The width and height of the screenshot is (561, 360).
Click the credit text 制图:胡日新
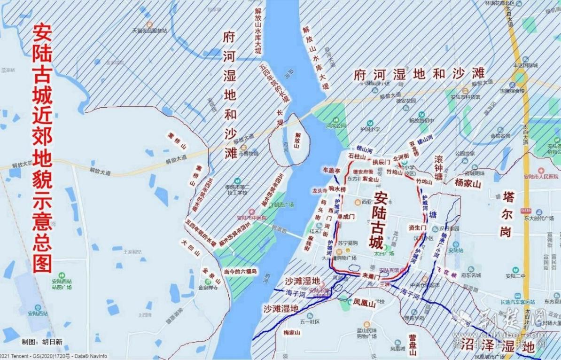42,342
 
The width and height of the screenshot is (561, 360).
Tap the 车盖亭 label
331,170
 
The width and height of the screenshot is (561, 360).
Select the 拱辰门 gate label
381,162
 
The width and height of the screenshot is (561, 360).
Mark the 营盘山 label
412,345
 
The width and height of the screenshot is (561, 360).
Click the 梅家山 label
291,333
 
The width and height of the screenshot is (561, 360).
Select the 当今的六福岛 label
241,272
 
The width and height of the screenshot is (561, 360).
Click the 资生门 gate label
417,227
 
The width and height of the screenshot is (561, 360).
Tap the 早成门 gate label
346,217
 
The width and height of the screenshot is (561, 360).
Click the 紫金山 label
371,179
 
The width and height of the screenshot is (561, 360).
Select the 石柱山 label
357,156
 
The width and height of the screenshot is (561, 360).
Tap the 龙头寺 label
319,191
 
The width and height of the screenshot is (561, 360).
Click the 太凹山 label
190,247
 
